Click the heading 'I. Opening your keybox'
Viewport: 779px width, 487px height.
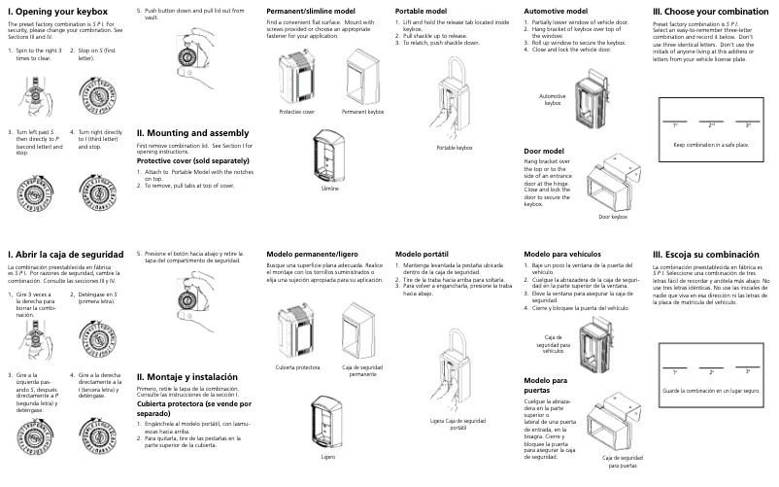(x=57, y=11)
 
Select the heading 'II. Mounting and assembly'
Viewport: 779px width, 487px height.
(x=192, y=132)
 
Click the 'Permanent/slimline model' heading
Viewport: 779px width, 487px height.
(x=311, y=10)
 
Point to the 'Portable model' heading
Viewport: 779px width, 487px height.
(x=422, y=10)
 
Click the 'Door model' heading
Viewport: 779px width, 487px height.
(x=544, y=152)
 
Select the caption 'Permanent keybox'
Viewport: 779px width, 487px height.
(x=363, y=112)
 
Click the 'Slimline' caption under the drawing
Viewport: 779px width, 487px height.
(x=330, y=189)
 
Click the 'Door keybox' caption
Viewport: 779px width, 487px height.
(x=614, y=216)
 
